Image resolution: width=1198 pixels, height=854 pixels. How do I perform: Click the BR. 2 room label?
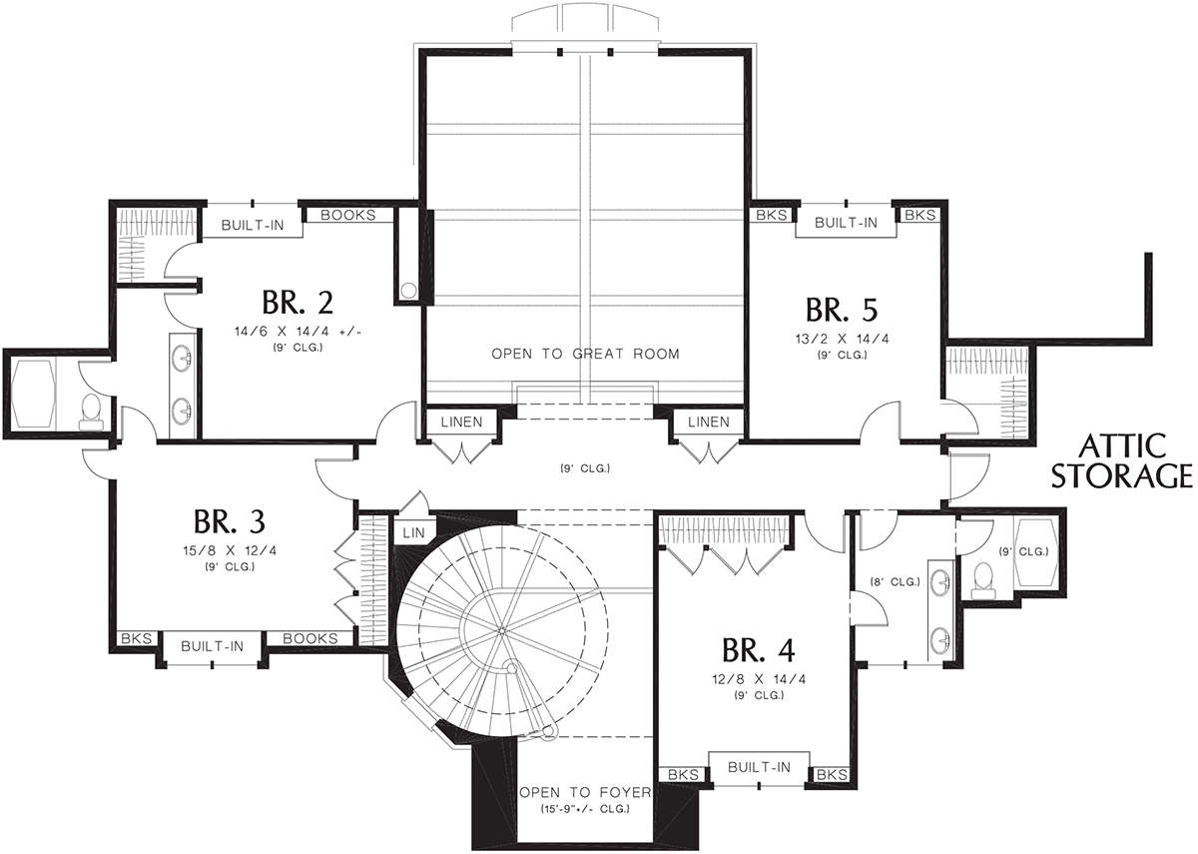[x=298, y=303]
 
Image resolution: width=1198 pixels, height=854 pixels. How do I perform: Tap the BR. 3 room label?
[x=229, y=521]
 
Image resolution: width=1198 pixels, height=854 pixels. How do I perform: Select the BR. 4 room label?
[x=759, y=650]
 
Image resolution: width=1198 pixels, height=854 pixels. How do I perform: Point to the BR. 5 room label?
[x=842, y=310]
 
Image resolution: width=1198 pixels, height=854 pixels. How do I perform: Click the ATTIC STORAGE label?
[x=1121, y=461]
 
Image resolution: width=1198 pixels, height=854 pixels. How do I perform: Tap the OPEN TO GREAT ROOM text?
[x=585, y=354]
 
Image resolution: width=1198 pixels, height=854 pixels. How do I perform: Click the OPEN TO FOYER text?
[x=585, y=792]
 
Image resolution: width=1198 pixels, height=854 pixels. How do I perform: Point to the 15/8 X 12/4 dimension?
[x=230, y=550]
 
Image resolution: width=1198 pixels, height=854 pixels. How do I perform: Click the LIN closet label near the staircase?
[x=413, y=532]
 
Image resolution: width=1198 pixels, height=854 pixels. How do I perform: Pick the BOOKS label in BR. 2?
[x=348, y=215]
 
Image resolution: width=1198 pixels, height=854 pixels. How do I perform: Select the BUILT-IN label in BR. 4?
[x=759, y=767]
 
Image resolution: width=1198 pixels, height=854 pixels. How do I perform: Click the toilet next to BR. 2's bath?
[x=91, y=413]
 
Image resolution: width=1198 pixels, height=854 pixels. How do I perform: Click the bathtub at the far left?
[x=33, y=394]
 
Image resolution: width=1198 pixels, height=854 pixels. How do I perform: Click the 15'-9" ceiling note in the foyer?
[x=584, y=809]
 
